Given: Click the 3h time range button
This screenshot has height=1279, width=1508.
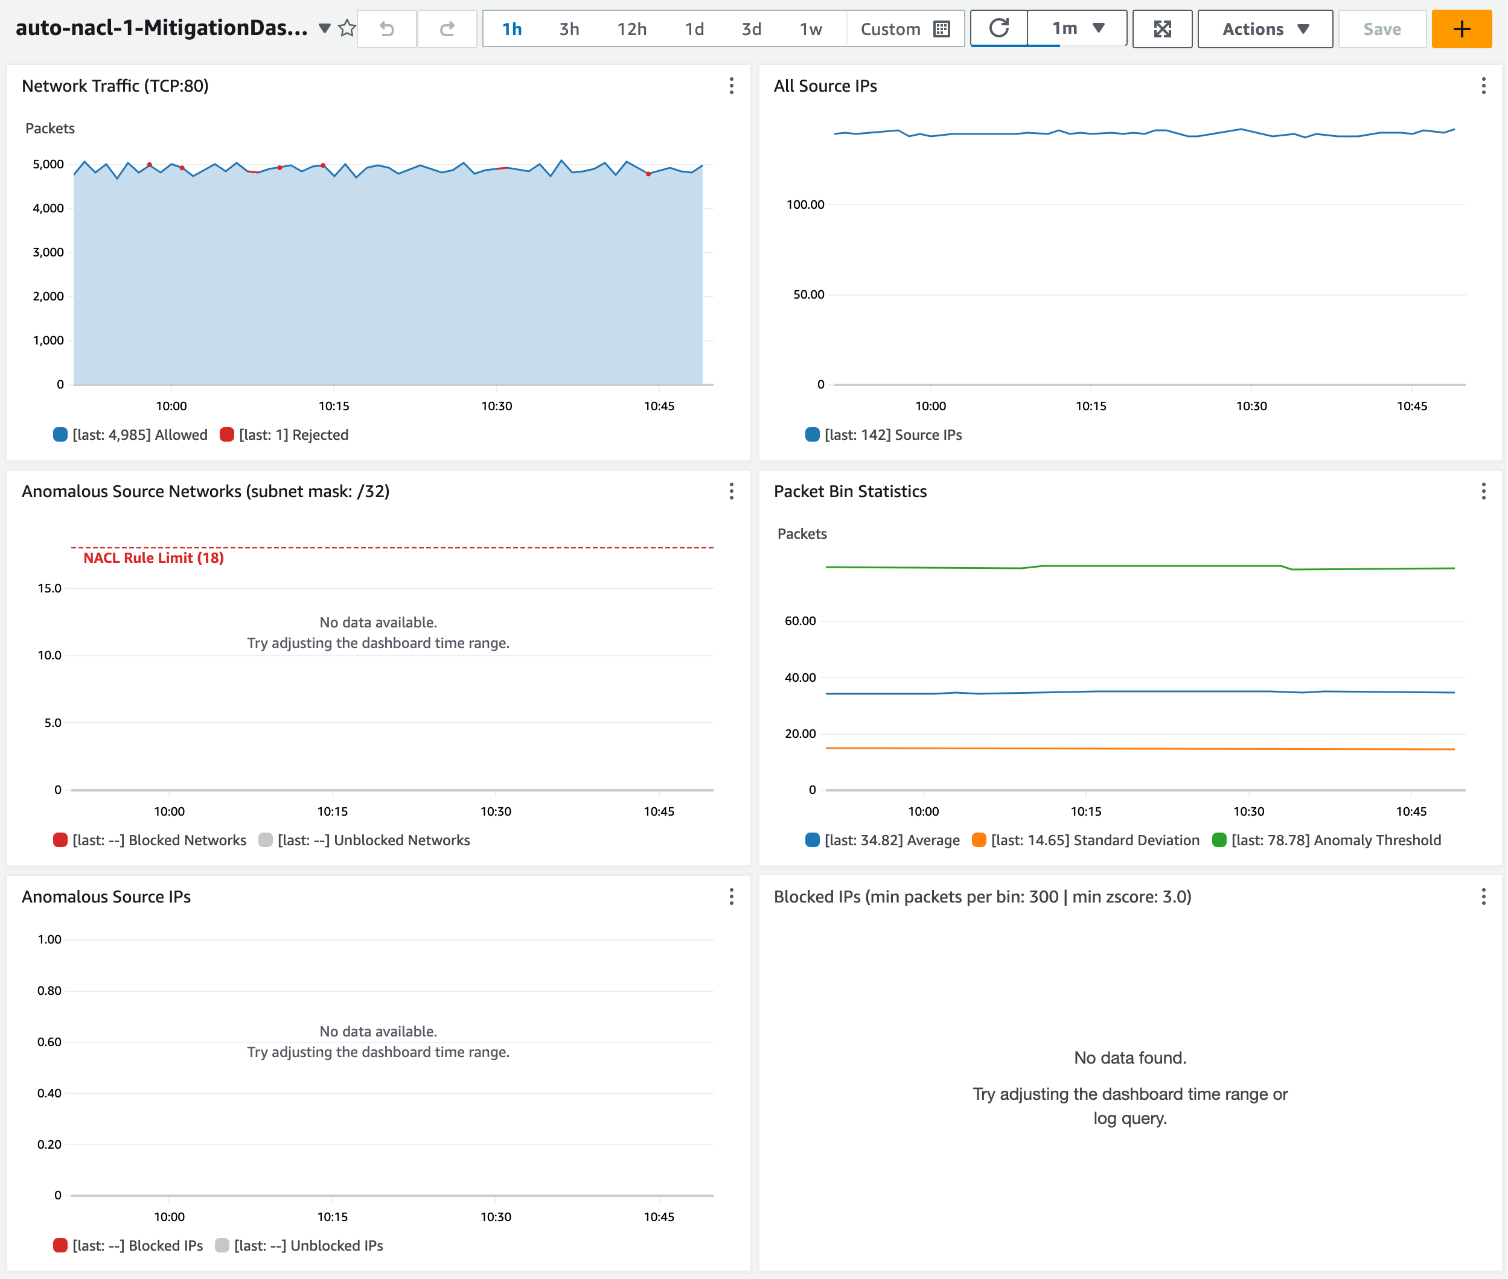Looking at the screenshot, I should coord(569,29).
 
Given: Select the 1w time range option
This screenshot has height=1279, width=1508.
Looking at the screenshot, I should coord(810,29).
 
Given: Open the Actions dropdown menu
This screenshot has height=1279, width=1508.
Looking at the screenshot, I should coord(1264,29).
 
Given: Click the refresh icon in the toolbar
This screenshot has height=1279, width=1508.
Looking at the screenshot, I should coord(999,28).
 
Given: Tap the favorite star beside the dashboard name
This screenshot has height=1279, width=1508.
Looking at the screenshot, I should coord(348,28).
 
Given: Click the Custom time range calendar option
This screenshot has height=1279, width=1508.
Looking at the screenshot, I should coord(904,29).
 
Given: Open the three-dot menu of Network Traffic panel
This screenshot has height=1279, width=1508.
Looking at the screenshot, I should coord(731,86).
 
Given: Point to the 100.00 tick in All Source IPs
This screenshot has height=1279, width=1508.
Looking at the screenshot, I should coord(805,205).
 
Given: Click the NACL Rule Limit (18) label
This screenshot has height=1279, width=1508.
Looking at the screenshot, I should coord(153,557).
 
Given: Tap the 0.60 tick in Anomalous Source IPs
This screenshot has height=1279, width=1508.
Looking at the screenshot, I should coord(50,1042).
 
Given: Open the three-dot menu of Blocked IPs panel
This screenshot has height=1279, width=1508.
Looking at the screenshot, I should coord(1483,897).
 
